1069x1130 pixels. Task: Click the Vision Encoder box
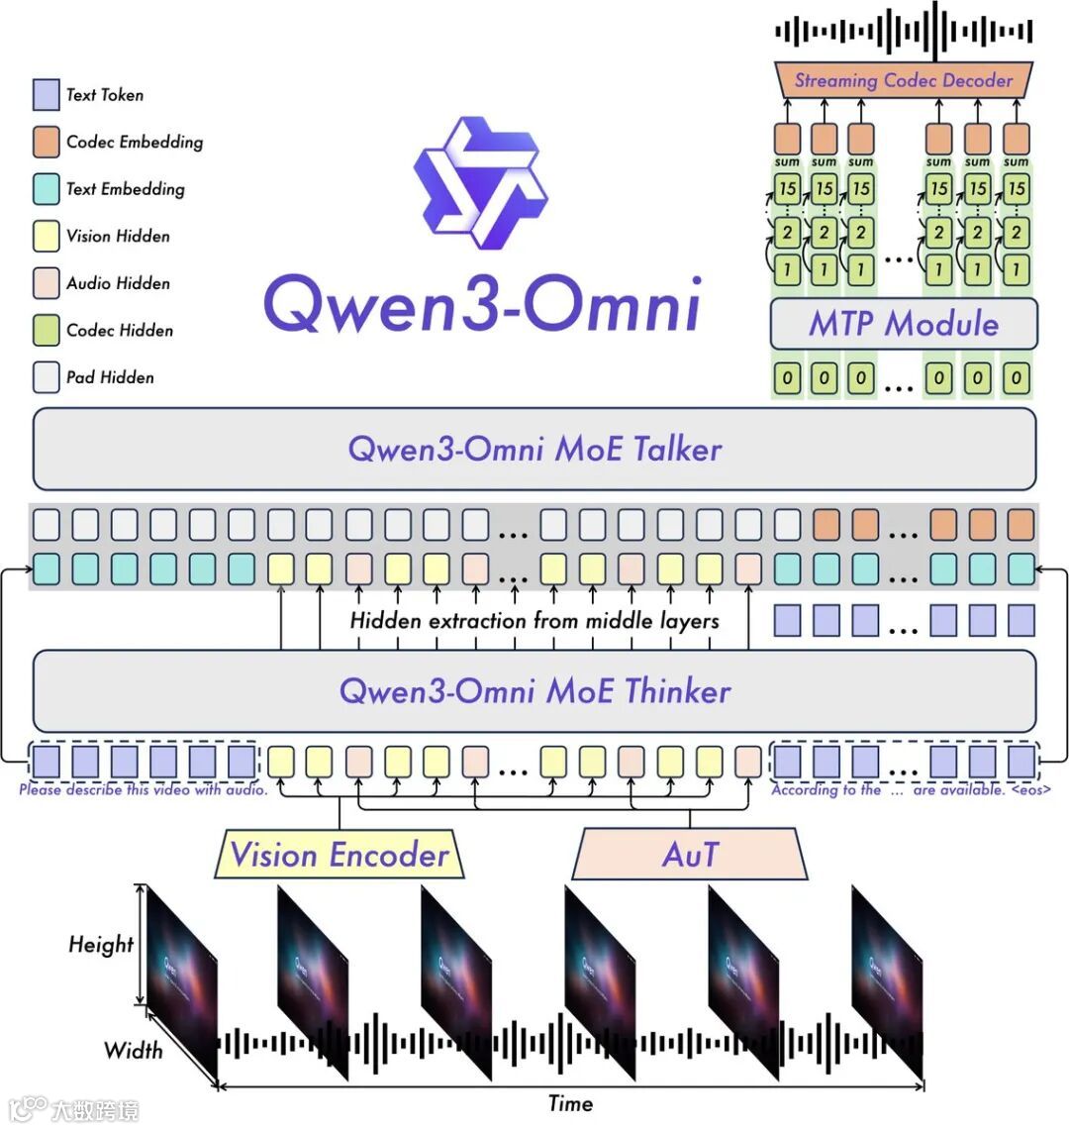[340, 855]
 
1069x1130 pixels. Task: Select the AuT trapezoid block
[690, 855]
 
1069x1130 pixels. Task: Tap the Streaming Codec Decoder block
[904, 80]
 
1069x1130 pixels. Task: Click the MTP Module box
[904, 324]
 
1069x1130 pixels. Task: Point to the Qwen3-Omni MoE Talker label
[534, 449]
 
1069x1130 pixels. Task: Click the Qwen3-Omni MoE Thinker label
[534, 690]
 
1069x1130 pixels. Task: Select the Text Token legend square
[47, 95]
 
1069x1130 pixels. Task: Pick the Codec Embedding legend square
[47, 142]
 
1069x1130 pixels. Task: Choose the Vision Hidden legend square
[47, 237]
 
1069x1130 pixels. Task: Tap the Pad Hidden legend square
[47, 377]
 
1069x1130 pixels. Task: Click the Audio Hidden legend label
[118, 283]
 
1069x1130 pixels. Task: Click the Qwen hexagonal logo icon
[480, 183]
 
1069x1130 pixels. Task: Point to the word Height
[100, 944]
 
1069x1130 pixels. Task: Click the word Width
[133, 1049]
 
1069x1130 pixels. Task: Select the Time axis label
[570, 1103]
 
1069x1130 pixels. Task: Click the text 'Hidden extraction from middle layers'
[534, 621]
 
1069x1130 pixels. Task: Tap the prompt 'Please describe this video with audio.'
[144, 790]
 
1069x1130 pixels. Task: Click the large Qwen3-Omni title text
[482, 303]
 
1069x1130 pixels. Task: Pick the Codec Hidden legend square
[47, 331]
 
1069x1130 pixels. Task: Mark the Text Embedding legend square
[47, 189]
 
